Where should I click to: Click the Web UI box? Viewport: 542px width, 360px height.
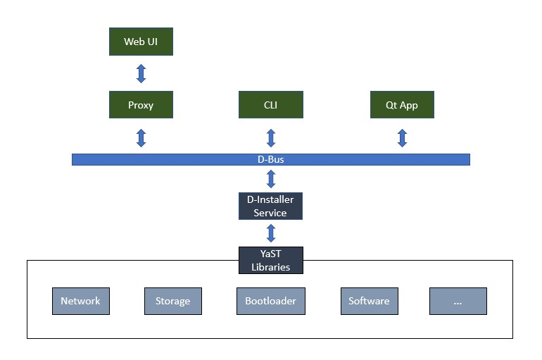coord(141,42)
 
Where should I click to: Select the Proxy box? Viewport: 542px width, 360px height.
coord(141,105)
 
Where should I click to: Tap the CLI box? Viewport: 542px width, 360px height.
coord(270,105)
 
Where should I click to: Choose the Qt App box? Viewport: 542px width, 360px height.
coord(402,105)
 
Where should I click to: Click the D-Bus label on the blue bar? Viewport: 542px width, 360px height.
coord(270,160)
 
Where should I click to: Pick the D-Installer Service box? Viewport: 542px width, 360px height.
coord(270,206)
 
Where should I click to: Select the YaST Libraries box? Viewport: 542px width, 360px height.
coord(270,260)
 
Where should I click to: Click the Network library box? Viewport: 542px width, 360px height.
coord(80,301)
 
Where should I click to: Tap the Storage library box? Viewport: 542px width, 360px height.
coord(172,301)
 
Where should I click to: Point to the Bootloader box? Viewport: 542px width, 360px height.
coord(270,301)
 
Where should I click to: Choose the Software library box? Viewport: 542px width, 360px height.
coord(369,301)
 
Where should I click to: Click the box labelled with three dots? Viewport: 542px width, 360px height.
coord(458,301)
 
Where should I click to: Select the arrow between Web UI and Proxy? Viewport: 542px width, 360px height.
coord(141,73)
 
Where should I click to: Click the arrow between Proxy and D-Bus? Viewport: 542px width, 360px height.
coord(141,137)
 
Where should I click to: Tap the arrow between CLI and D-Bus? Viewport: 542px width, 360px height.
coord(270,137)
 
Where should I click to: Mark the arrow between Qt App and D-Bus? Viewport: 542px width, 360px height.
coord(402,137)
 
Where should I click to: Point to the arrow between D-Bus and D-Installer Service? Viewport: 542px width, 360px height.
coord(270,178)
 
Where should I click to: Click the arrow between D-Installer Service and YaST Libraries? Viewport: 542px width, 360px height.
coord(270,233)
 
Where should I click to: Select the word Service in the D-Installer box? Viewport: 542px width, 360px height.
coord(270,213)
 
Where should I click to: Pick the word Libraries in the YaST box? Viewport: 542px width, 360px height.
coord(270,267)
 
